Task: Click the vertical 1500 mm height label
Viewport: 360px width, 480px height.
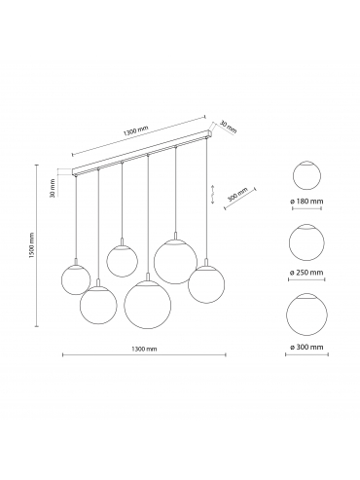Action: (x=32, y=245)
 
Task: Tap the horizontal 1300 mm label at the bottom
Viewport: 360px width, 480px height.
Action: (x=144, y=349)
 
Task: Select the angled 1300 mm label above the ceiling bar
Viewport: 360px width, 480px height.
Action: (x=135, y=130)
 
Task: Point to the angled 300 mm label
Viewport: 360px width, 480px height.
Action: (x=237, y=195)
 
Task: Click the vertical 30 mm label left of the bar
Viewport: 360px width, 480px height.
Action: (x=53, y=188)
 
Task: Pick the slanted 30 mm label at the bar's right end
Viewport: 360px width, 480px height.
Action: (x=229, y=127)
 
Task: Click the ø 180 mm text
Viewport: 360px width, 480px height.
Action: (x=306, y=202)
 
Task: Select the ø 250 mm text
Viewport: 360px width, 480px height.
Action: (x=306, y=273)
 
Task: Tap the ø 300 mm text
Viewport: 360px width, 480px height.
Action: (x=306, y=347)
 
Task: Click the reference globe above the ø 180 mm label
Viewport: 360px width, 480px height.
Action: (x=306, y=175)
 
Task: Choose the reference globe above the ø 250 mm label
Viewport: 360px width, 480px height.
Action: (x=306, y=242)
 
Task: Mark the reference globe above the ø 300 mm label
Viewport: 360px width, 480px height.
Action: (x=306, y=314)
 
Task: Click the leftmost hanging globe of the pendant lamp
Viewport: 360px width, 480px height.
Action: (x=76, y=279)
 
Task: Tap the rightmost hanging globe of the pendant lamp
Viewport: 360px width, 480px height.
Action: (x=206, y=284)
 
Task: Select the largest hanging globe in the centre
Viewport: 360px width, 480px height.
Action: (x=147, y=304)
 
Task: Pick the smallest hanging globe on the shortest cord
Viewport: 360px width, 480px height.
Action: (x=122, y=262)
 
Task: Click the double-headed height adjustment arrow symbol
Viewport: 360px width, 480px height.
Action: (x=212, y=194)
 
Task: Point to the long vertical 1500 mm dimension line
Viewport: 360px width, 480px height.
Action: (x=37, y=245)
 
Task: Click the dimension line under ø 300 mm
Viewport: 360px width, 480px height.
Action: (x=306, y=354)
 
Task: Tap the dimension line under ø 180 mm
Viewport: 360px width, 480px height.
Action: (x=306, y=208)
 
